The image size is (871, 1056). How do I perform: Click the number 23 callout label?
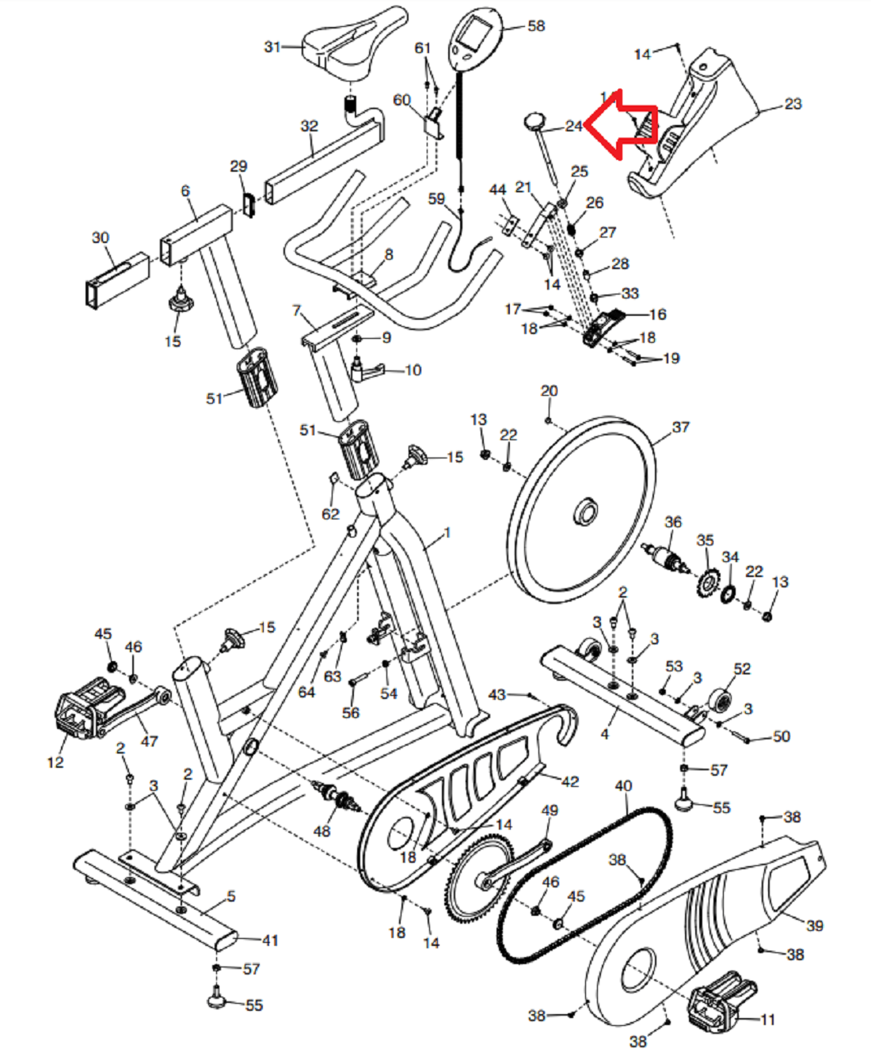[793, 104]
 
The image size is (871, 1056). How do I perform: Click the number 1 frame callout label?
[447, 533]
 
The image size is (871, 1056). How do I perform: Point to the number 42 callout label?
[570, 781]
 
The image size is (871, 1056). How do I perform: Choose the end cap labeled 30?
[116, 281]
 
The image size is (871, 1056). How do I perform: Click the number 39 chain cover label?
[815, 925]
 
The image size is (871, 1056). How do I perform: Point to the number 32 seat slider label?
[309, 126]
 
